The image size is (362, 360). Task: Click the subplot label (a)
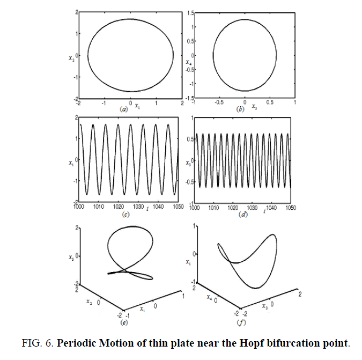(124, 109)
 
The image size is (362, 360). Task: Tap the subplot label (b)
(240, 109)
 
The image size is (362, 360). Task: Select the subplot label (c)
(126, 215)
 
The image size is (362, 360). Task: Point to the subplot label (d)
(243, 215)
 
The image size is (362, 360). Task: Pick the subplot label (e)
(124, 322)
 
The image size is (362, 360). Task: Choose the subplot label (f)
(241, 322)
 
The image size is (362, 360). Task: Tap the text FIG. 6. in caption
(38, 343)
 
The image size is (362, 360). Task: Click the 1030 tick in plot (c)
(138, 206)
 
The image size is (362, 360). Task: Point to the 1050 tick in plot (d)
(291, 208)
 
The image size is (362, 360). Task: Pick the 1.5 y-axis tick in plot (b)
(191, 13)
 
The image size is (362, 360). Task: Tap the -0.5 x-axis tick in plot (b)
(219, 102)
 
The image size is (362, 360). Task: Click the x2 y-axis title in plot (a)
(71, 57)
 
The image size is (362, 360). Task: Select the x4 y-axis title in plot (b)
(189, 62)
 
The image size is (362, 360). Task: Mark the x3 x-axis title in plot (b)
(254, 106)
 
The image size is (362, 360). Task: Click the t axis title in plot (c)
(147, 209)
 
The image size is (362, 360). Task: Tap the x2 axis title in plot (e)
(89, 302)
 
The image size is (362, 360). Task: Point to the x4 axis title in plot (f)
(209, 297)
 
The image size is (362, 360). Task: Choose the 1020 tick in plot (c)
(118, 206)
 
